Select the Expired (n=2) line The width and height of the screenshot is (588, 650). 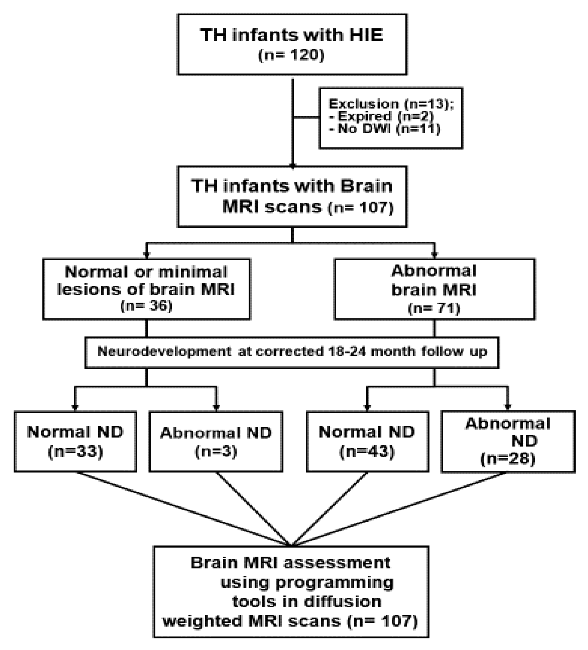point(381,116)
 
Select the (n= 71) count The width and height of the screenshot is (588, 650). point(434,309)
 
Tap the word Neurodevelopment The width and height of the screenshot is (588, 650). point(164,351)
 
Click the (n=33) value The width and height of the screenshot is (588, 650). point(75,452)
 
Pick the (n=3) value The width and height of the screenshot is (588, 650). point(216,452)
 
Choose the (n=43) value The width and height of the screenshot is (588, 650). point(367,452)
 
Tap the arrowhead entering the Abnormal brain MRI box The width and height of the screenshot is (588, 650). point(434,255)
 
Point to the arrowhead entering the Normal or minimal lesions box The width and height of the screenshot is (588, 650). point(146,255)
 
